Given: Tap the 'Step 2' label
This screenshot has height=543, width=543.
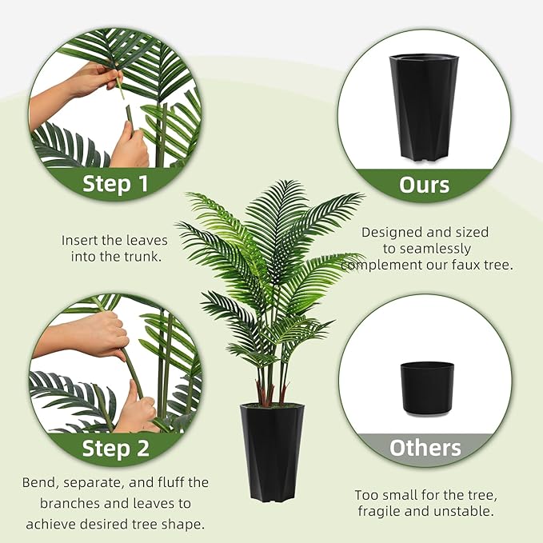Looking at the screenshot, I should click(x=116, y=448).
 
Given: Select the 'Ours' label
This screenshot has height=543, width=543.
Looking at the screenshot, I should click(x=425, y=184).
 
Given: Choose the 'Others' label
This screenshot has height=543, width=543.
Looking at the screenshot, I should click(x=425, y=448).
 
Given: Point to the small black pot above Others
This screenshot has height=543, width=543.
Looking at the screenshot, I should click(x=426, y=388).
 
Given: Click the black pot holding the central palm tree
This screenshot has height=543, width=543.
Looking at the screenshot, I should click(x=272, y=452).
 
